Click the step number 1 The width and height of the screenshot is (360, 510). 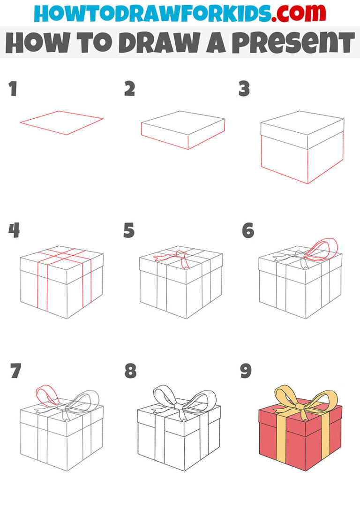coord(13,89)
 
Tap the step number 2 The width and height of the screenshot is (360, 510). coord(129,89)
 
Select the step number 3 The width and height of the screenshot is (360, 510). coord(244,89)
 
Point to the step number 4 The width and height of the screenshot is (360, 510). coord(14,231)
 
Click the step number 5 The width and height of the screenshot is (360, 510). coord(129,231)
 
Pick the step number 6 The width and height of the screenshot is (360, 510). coord(247,231)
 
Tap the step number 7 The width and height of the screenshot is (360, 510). coord(16,371)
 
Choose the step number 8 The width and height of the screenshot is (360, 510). coord(130,371)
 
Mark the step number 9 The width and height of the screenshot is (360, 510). coord(246,371)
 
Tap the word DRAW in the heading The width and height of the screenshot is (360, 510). coord(148,44)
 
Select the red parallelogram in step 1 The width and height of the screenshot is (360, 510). coord(61,122)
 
